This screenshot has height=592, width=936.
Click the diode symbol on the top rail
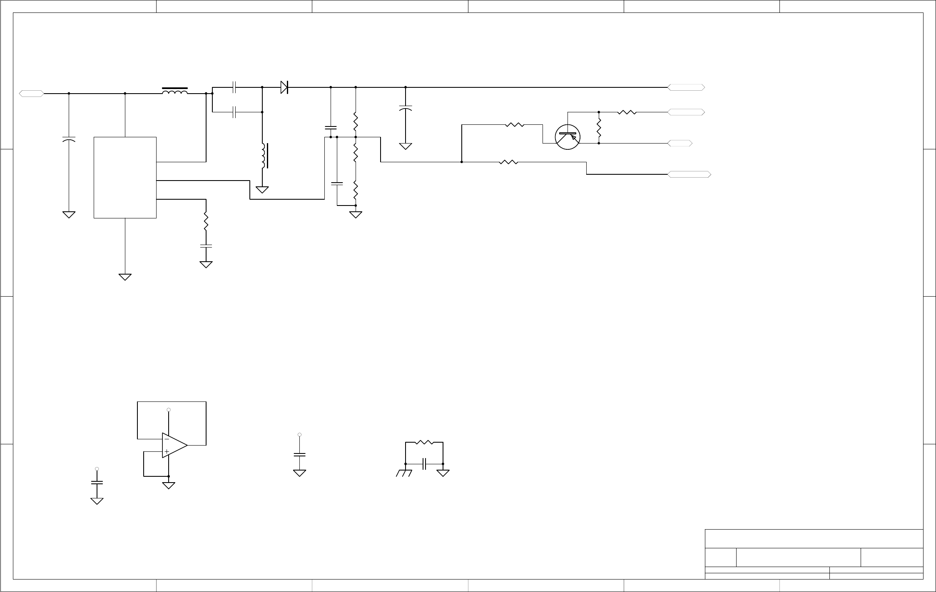284,87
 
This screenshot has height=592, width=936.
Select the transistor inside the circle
568,136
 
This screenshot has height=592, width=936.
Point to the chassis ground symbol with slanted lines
404,473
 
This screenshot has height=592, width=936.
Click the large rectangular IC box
125,177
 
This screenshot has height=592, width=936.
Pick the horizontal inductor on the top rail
174,91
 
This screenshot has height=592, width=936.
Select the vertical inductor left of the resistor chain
264,156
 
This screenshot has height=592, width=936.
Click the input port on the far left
32,94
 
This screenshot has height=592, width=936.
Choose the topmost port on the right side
686,87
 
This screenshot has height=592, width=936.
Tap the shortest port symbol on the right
680,143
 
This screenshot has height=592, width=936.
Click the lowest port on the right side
689,174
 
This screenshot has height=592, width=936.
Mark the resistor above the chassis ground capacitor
424,443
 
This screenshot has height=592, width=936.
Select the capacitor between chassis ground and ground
424,463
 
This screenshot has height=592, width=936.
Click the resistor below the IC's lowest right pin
206,221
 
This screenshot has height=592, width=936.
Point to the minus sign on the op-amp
167,438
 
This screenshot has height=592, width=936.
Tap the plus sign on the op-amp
167,451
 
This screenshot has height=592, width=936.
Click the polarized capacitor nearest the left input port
69,139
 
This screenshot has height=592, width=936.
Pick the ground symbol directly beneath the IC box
125,277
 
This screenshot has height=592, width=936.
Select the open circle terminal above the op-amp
169,410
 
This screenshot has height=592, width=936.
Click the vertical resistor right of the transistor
599,128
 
